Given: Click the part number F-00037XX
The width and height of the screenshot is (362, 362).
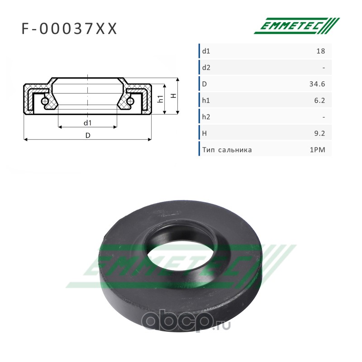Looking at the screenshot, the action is tap(69, 29).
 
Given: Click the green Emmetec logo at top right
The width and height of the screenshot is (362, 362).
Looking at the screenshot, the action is tap(297, 26).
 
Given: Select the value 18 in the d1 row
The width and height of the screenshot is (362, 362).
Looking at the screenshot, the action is tap(320, 51).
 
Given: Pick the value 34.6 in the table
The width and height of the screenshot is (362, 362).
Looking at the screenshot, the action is tap(317, 84).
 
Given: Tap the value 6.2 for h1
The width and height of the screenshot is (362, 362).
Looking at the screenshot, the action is tap(319, 100).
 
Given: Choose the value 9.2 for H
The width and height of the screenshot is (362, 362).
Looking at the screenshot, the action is tap(319, 133).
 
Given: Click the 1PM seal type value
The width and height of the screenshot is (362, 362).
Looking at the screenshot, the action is tap(317, 150).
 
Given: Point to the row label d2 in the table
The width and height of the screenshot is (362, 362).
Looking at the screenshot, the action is tap(206, 67).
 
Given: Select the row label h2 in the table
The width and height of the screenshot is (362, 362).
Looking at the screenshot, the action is tap(206, 117).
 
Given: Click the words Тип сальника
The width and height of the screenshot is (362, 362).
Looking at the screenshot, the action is tap(227, 150).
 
